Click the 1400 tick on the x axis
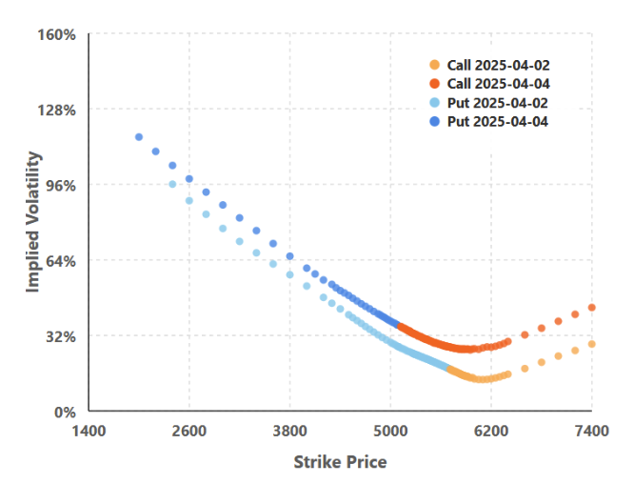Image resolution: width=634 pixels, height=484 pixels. (89, 431)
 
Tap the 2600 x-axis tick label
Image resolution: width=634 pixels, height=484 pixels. (189, 431)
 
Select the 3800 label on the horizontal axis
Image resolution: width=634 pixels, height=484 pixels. (290, 431)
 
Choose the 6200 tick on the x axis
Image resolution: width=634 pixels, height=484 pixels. (491, 431)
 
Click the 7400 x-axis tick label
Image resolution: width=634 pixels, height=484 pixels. (592, 431)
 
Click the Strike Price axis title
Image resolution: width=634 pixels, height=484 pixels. (340, 462)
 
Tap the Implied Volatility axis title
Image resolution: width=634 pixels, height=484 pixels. (33, 221)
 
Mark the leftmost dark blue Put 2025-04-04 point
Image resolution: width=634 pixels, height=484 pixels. (139, 137)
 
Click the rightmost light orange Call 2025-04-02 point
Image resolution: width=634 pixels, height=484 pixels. (592, 344)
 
